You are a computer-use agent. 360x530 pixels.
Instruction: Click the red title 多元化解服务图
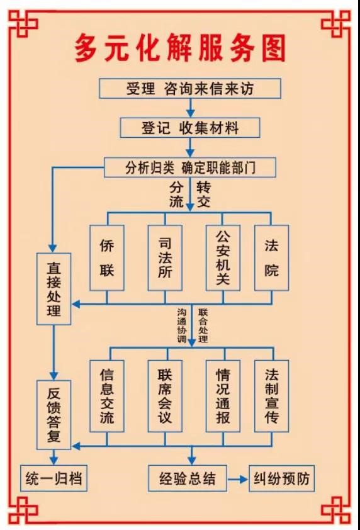[180, 48]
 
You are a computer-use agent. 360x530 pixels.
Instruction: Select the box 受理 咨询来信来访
[190, 89]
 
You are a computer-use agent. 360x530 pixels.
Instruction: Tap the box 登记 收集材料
[190, 128]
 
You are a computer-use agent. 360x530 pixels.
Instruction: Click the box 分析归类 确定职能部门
[190, 167]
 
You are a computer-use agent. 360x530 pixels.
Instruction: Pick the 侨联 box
[107, 258]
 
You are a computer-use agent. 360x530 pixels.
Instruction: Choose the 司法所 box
[165, 258]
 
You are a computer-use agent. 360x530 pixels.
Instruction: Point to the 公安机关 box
[223, 258]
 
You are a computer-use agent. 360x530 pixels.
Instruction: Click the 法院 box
[272, 258]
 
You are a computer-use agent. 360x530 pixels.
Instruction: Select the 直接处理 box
[53, 289]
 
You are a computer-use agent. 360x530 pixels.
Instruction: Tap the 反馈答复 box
[53, 415]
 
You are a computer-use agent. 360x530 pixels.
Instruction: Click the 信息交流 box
[107, 396]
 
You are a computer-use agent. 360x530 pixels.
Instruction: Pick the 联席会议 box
[165, 396]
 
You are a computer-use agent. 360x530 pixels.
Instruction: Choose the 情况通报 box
[223, 396]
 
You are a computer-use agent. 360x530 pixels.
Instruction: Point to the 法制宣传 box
[272, 396]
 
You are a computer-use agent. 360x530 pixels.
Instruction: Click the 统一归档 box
[53, 478]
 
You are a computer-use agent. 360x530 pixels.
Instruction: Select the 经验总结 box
[188, 478]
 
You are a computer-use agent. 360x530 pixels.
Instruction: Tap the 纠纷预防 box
[281, 478]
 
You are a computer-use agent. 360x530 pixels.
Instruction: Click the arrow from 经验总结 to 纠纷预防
[238, 479]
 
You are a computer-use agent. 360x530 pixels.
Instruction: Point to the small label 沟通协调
[182, 325]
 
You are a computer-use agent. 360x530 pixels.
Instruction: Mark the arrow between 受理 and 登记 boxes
[191, 108]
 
